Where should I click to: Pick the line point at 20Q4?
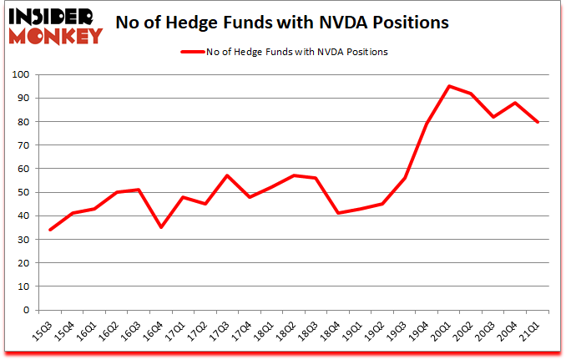tap(514, 103)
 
